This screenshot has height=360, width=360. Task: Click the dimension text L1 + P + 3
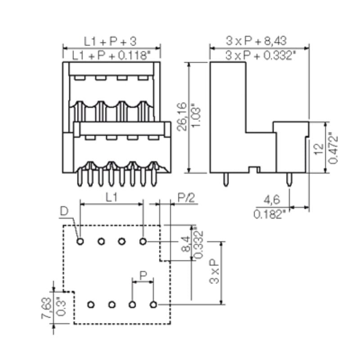(110, 41)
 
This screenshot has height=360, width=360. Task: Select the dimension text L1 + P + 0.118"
(111, 55)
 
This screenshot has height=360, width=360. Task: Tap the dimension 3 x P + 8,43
(260, 41)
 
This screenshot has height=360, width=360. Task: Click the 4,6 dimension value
(269, 199)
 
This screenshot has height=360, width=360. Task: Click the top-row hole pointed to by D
(80, 242)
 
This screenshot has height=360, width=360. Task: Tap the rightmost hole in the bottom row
(153, 305)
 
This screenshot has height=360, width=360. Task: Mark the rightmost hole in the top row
(143, 242)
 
